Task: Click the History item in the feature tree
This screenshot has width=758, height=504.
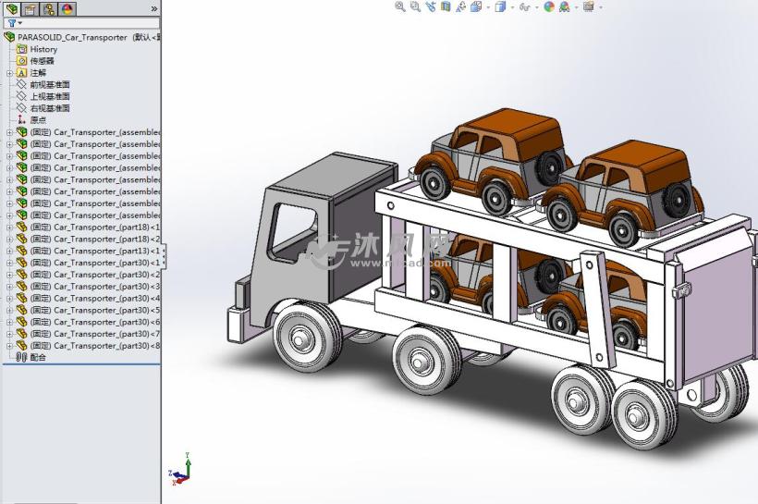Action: pos(43,49)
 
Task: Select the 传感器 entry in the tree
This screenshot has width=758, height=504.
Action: pos(42,61)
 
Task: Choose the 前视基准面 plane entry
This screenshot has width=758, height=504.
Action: pos(49,84)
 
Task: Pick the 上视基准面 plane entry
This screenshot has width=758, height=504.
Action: pos(49,96)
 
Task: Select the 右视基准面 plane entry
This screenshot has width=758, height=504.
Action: pos(49,108)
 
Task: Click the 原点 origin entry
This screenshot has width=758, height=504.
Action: pos(37,120)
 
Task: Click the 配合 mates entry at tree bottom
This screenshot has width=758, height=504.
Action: pos(37,357)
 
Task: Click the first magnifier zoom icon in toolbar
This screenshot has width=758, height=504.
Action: pos(400,6)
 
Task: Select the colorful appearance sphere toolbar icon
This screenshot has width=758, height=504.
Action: pos(549,6)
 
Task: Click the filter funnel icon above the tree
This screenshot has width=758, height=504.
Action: pos(12,23)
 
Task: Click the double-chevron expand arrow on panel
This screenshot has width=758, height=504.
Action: pos(153,8)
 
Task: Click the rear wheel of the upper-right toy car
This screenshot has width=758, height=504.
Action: pos(677,196)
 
